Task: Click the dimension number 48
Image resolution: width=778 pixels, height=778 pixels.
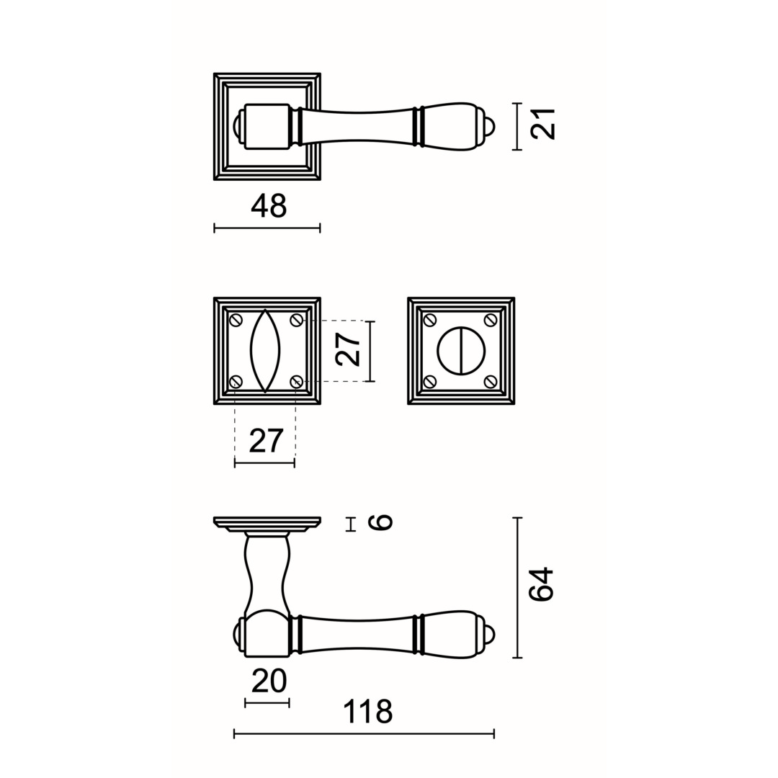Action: click(x=269, y=206)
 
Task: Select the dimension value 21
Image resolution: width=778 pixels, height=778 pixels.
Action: click(x=543, y=124)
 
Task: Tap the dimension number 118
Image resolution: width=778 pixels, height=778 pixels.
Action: click(x=367, y=712)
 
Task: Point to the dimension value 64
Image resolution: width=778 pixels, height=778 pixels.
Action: click(x=541, y=584)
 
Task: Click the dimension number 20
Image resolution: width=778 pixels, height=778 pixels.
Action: click(x=269, y=681)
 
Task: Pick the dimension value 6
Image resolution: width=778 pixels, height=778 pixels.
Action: click(x=380, y=522)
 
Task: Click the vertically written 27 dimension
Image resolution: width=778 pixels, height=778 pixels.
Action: click(x=349, y=349)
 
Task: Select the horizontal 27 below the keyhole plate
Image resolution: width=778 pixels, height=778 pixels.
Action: click(x=266, y=440)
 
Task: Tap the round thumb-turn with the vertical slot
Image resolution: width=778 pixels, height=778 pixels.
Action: click(x=461, y=351)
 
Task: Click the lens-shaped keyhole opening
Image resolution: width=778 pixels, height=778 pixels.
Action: click(x=265, y=351)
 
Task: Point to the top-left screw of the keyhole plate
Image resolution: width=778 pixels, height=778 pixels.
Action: click(x=236, y=320)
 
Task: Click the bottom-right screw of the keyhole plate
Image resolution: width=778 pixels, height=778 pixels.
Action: click(x=296, y=381)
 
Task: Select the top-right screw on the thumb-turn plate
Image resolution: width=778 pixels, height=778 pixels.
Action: click(x=491, y=320)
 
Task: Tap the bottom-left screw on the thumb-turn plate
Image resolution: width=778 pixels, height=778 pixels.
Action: click(x=430, y=381)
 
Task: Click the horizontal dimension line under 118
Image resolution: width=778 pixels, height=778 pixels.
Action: click(x=364, y=734)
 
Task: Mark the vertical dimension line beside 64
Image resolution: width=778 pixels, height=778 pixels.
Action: click(x=517, y=587)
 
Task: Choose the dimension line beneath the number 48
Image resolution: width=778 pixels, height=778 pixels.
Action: click(x=267, y=228)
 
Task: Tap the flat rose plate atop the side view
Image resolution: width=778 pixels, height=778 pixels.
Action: click(x=267, y=521)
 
